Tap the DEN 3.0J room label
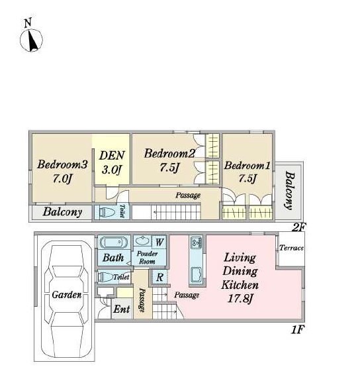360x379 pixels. click(x=112, y=162)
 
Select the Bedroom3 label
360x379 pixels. click(x=62, y=171)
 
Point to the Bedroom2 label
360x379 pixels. click(x=169, y=160)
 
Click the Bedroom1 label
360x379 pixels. click(x=247, y=172)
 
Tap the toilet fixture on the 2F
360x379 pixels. click(x=107, y=213)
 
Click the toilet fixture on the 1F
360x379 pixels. click(x=105, y=277)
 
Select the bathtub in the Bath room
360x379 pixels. click(x=114, y=243)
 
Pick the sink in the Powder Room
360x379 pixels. click(x=142, y=241)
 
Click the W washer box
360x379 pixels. click(x=159, y=242)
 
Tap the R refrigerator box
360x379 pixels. click(x=159, y=277)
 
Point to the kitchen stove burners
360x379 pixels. click(x=197, y=243)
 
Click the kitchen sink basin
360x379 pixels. click(x=197, y=274)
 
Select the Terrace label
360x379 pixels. click(x=291, y=248)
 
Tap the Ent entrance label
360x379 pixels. click(x=122, y=309)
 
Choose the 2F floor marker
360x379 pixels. click(x=298, y=227)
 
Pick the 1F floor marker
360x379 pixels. click(x=297, y=330)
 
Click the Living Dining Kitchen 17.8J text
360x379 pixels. click(x=240, y=278)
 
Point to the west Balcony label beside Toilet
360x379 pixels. click(x=62, y=212)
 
